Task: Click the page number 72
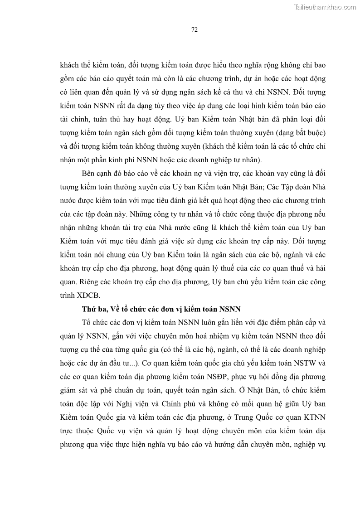(194, 30)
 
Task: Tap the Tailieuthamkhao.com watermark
(325, 7)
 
